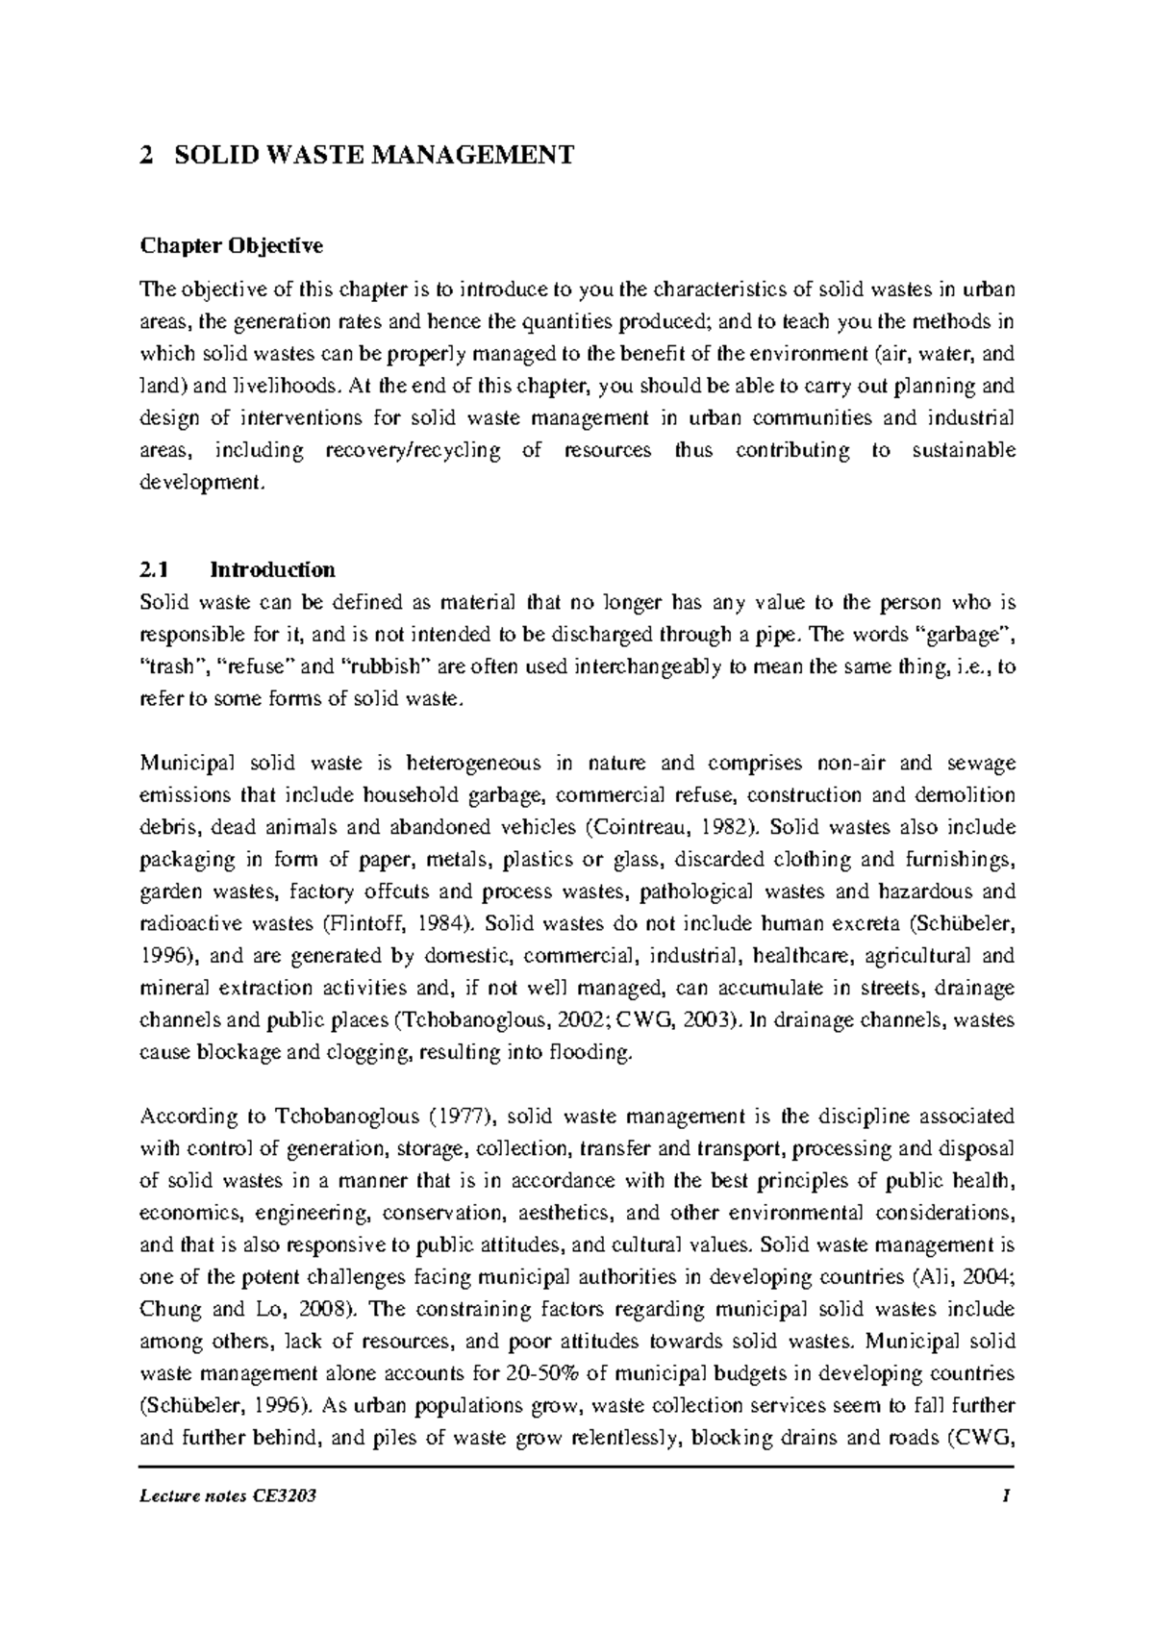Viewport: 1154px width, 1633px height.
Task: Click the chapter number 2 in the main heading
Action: [x=146, y=155]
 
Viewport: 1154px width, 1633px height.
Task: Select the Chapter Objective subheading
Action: [x=232, y=246]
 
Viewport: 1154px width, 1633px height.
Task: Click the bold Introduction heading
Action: [x=272, y=570]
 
